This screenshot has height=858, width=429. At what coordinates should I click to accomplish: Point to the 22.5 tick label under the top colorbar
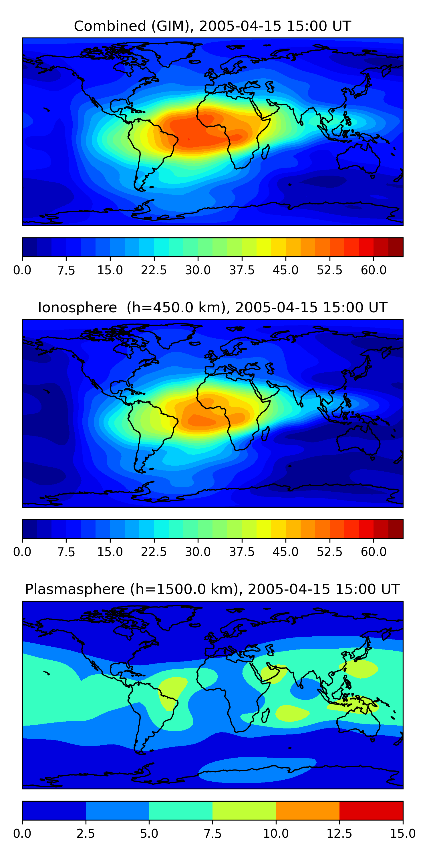[x=154, y=270]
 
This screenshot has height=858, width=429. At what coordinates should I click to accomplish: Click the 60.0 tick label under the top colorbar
[x=374, y=270]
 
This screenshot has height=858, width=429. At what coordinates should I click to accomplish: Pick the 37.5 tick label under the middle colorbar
[x=241, y=552]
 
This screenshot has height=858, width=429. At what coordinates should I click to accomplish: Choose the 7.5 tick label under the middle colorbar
[x=66, y=552]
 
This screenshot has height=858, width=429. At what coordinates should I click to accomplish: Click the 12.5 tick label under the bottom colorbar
[x=339, y=834]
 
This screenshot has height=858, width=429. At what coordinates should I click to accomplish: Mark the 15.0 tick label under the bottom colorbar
[x=403, y=834]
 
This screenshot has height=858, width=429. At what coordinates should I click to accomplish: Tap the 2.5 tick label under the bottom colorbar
[x=86, y=834]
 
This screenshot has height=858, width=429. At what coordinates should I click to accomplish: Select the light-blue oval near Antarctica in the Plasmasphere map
[x=257, y=769]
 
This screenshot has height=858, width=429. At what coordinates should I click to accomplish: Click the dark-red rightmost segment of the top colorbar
[x=396, y=247]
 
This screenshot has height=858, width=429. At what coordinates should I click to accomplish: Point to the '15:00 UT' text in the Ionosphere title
[x=355, y=307]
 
